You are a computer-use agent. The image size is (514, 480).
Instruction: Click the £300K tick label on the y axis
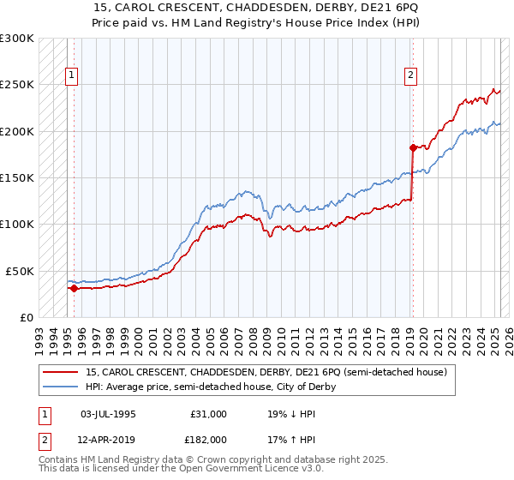16,39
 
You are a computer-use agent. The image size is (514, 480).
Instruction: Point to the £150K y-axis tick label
16,178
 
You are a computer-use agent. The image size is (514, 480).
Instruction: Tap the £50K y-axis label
20,271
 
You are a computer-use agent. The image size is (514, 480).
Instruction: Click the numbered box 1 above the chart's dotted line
71,75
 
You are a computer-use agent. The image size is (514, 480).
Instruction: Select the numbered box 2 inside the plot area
411,75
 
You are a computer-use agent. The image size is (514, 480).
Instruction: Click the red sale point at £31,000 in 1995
74,288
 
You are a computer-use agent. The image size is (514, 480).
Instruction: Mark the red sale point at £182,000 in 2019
412,147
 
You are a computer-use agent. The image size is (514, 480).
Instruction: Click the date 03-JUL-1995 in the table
107,414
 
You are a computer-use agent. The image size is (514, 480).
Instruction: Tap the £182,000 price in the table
208,439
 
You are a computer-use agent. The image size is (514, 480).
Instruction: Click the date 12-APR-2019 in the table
108,439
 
